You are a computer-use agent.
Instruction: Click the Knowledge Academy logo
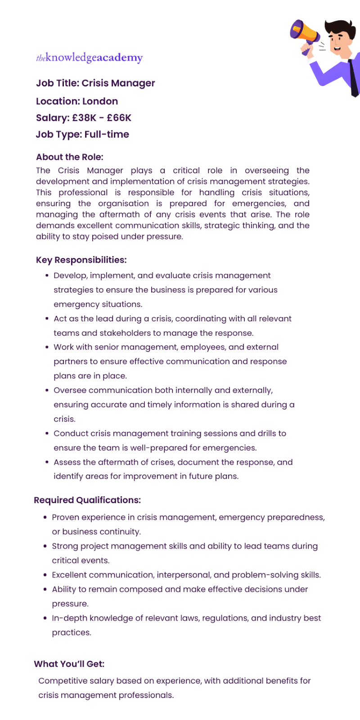tap(89, 58)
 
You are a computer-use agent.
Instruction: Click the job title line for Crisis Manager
tap(95, 83)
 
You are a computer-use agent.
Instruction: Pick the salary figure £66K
tap(119, 118)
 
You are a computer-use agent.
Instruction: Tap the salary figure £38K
tap(84, 118)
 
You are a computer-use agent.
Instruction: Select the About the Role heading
tap(70, 157)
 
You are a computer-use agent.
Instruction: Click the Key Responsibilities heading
tap(81, 260)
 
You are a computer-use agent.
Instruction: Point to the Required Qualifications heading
tap(87, 500)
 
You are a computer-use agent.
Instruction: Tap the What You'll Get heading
tap(69, 664)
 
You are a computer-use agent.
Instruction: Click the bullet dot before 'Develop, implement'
tap(47, 275)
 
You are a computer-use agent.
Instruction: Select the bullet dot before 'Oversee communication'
tap(47, 390)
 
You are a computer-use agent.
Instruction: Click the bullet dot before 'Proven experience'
tap(45, 517)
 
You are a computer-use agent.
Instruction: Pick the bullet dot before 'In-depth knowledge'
tap(45, 618)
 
